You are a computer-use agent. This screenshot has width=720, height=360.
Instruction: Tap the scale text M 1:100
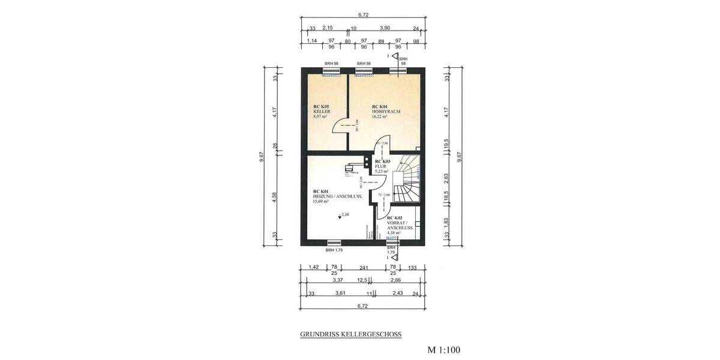pyautogui.click(x=443, y=349)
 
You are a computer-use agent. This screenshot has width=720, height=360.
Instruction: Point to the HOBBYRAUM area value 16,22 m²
pyautogui.click(x=380, y=117)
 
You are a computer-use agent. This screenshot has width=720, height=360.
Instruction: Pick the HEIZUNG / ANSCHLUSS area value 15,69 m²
pyautogui.click(x=322, y=202)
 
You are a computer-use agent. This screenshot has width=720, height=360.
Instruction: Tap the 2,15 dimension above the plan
pyautogui.click(x=328, y=28)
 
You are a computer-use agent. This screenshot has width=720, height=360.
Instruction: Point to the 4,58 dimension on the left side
pyautogui.click(x=274, y=197)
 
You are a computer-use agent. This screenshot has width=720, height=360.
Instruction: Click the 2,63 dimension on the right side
pyautogui.click(x=446, y=178)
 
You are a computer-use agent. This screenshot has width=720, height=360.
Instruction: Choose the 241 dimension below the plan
pyautogui.click(x=363, y=268)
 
